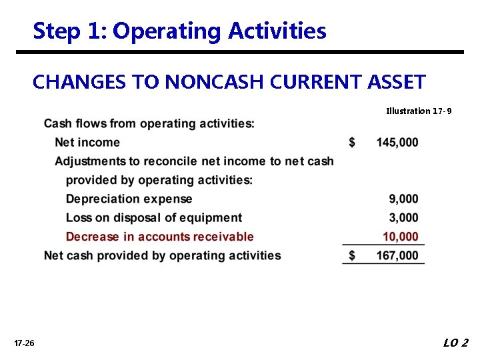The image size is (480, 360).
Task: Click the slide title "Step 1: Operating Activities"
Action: coord(179,31)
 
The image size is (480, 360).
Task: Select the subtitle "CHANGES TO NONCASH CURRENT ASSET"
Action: coord(229,82)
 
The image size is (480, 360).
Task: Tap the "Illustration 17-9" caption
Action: coord(419,111)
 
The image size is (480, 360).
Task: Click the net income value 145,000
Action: coord(397,142)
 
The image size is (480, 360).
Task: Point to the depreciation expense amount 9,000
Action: coord(404,199)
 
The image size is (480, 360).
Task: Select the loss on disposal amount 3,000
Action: coord(404,217)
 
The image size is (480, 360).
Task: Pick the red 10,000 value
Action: coord(401,237)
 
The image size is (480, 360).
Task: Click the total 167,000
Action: coord(397,255)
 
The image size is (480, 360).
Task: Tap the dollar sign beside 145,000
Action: coord(353,142)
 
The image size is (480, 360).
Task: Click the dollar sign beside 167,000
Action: coord(353,255)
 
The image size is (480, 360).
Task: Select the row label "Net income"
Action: coord(87,142)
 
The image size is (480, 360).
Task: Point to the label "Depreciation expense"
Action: coord(129,199)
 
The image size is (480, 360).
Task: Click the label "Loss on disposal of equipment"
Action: coord(154,217)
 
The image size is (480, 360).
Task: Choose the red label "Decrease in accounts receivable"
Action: coord(160,237)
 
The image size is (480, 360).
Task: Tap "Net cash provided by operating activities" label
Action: coord(163,255)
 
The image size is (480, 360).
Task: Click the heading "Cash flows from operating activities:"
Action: coord(149,123)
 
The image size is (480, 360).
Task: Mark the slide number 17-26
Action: coord(24,343)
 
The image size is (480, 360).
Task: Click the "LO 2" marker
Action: coord(456,343)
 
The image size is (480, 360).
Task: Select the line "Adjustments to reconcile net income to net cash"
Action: coord(194,161)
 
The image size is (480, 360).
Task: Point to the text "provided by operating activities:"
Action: coord(159,180)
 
